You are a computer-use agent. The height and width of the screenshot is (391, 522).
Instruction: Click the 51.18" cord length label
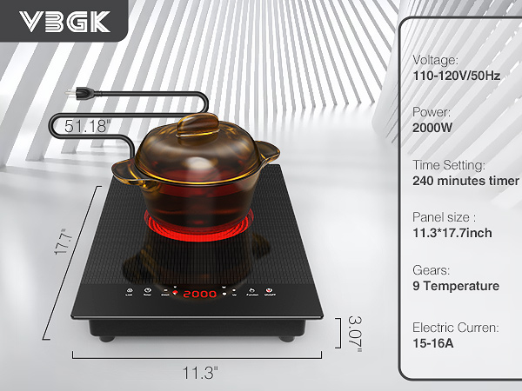tap(88, 126)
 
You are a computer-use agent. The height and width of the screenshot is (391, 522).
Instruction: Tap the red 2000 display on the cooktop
tap(199, 295)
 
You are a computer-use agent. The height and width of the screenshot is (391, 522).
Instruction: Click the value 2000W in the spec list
tap(432, 128)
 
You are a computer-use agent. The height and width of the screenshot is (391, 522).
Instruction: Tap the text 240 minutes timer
tap(465, 181)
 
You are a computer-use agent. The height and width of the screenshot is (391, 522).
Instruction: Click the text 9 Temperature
tap(456, 286)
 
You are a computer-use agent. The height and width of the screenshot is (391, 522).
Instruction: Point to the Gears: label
tap(432, 269)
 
